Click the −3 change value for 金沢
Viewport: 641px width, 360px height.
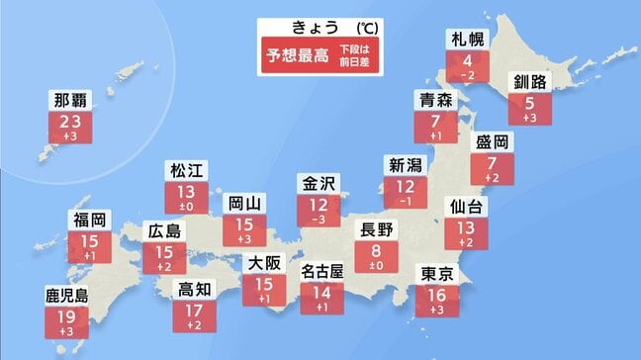[x=319, y=221]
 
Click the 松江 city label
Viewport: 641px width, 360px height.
[x=186, y=168]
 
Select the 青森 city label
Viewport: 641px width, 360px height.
[x=436, y=99]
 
